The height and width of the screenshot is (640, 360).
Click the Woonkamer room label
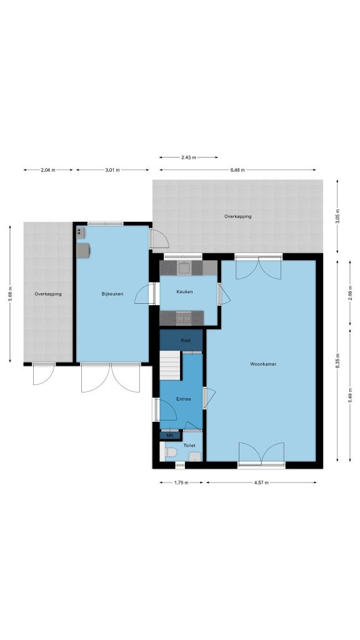point(263,364)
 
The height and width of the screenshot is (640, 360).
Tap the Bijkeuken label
point(112,294)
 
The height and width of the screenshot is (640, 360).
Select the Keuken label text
point(184,292)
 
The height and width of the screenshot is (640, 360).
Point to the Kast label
point(185,340)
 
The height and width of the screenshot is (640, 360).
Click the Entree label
point(183,399)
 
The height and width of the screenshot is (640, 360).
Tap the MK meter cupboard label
point(170,436)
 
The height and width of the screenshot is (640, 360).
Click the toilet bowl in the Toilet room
point(171,452)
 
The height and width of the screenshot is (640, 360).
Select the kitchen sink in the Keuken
point(184,268)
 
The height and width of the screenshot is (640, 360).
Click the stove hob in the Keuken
point(184,318)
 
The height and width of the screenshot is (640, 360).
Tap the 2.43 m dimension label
point(188,157)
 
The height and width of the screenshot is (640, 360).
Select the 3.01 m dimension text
point(112,170)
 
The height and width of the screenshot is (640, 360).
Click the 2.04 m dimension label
point(48,170)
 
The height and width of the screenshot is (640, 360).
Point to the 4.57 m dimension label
point(261,482)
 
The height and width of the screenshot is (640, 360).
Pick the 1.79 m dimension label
point(181,482)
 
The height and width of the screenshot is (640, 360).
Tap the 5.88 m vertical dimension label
point(10,294)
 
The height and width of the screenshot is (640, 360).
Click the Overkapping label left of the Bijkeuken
point(48,294)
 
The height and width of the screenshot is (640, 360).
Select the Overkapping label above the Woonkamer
point(238,216)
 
